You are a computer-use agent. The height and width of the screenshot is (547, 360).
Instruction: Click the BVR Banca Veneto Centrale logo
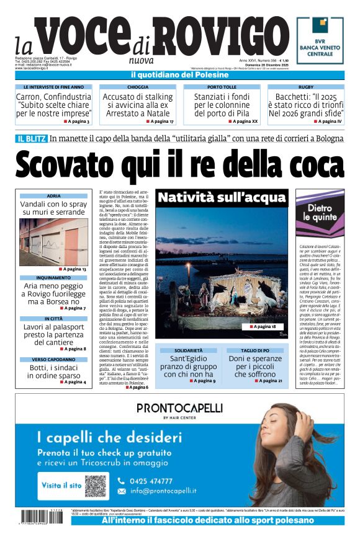point(319,40)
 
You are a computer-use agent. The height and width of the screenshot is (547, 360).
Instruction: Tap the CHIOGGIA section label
point(138,87)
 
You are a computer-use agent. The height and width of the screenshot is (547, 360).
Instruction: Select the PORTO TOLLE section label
point(222,87)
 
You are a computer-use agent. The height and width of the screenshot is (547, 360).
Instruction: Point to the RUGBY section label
point(305,87)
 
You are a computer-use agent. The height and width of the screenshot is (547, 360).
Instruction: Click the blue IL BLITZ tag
point(31,139)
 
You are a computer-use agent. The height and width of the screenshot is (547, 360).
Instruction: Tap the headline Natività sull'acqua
point(222,198)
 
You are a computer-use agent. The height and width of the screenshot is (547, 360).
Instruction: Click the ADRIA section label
point(53,196)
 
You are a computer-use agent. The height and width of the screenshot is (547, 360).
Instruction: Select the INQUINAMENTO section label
point(53,278)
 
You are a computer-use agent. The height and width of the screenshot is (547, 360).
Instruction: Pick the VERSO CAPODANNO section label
point(53,359)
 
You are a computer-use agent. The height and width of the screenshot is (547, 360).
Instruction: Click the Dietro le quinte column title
point(320,213)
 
